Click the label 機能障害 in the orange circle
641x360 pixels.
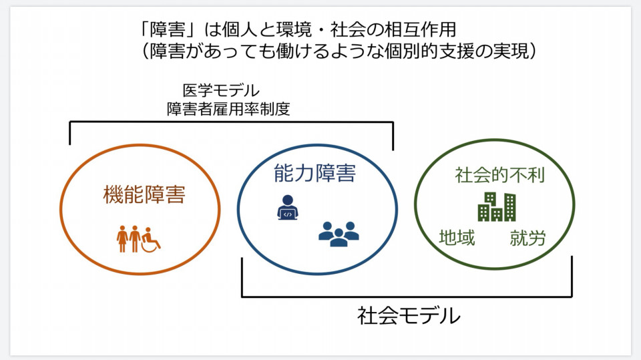pos(144,194)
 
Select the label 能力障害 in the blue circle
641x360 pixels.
pos(314,172)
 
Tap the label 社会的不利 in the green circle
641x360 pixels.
pos(499,175)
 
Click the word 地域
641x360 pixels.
pos(457,238)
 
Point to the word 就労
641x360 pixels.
pos(527,238)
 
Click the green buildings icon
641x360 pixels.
pos(497,206)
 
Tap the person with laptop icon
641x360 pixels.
pos(288,208)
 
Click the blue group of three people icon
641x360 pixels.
pos(339,234)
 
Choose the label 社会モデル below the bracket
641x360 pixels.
pos(409,316)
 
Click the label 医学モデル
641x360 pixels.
pos(221,90)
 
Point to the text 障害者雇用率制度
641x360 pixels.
pos(228,109)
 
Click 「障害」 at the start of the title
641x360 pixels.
pos(168,30)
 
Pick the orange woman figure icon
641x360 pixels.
pos(122,239)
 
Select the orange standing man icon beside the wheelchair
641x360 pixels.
pos(135,239)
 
